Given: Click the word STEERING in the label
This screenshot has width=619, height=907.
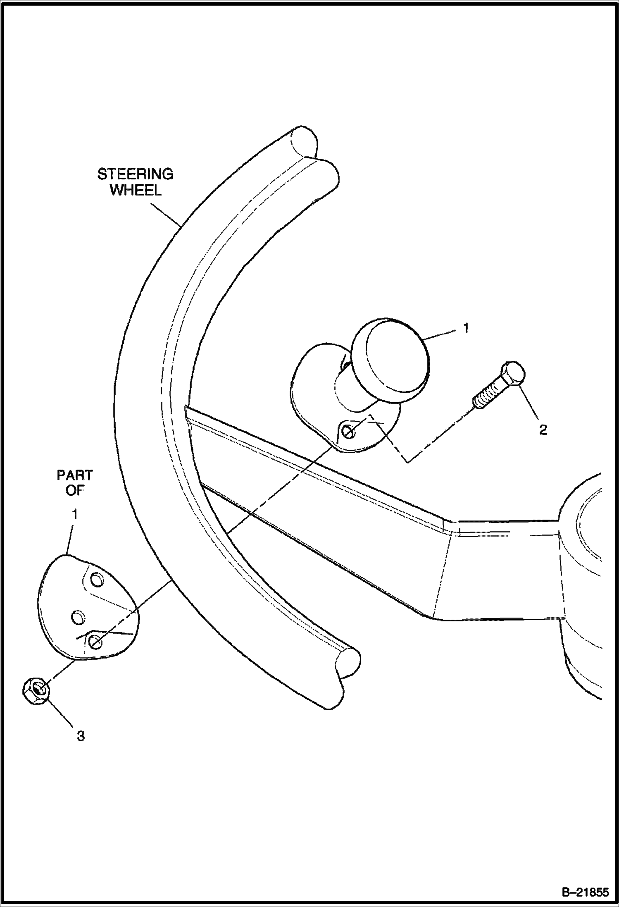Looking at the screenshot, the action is click(x=135, y=174).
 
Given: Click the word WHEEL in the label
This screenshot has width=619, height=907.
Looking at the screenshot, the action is click(x=136, y=190).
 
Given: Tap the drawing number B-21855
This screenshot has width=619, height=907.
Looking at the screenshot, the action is click(x=585, y=891).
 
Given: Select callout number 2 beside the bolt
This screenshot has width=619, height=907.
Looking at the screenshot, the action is click(x=543, y=430).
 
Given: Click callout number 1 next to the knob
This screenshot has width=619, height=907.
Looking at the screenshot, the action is click(x=466, y=328).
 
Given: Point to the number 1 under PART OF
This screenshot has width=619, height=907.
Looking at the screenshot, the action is click(x=75, y=515).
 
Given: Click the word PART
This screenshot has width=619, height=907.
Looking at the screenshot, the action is click(x=75, y=475).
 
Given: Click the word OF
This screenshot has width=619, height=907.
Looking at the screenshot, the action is click(x=75, y=491).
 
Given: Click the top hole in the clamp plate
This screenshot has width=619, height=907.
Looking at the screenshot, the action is click(x=97, y=580).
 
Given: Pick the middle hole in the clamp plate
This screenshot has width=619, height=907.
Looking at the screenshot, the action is click(x=77, y=618).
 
